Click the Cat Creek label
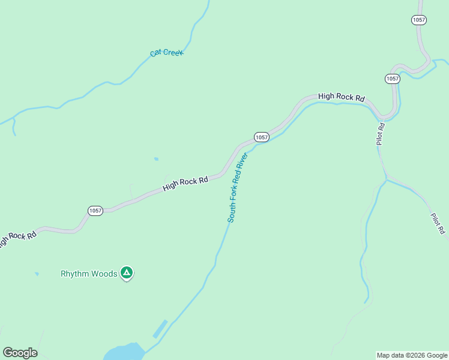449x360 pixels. (x=166, y=53)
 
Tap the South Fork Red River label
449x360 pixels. (x=237, y=188)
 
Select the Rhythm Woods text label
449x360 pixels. (x=89, y=274)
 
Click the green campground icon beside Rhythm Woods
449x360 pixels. (x=127, y=273)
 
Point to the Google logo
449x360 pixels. (x=20, y=353)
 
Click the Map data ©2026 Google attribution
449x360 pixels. (x=412, y=355)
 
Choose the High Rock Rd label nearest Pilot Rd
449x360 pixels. (x=342, y=97)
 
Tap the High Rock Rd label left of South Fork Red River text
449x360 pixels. (x=185, y=184)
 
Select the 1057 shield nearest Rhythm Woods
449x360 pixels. (x=95, y=211)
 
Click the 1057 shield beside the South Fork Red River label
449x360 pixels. (x=261, y=137)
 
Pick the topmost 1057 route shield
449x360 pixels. (x=419, y=20)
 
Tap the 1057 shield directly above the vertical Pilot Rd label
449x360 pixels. (x=392, y=79)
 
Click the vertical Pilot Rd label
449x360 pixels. (x=381, y=134)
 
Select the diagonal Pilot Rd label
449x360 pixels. (x=438, y=223)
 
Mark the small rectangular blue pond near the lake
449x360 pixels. (x=160, y=328)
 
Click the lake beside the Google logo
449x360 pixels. (x=123, y=352)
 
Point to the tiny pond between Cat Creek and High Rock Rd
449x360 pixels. (x=156, y=159)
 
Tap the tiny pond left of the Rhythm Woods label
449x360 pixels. (x=37, y=274)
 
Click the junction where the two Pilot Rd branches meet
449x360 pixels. (x=387, y=178)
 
